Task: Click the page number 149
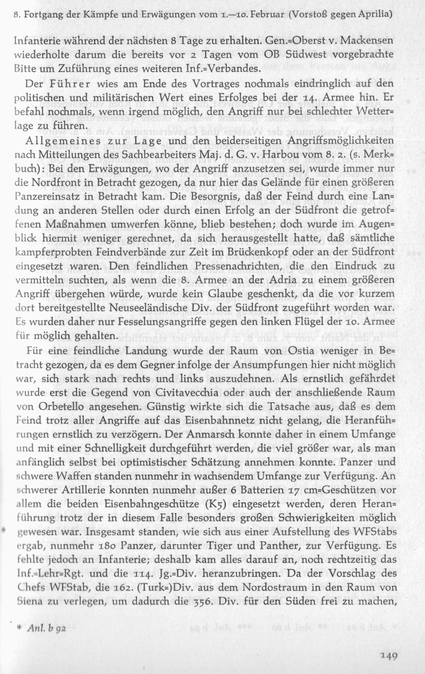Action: [388, 656]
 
